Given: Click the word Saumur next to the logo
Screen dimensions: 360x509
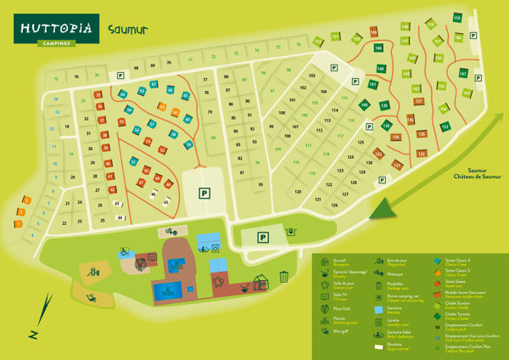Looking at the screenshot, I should [129, 29].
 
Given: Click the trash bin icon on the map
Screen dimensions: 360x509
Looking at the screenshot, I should [284, 276].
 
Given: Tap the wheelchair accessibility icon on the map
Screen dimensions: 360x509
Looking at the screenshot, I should [124, 250].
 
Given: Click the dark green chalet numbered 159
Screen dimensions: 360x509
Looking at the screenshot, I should [457, 19].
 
